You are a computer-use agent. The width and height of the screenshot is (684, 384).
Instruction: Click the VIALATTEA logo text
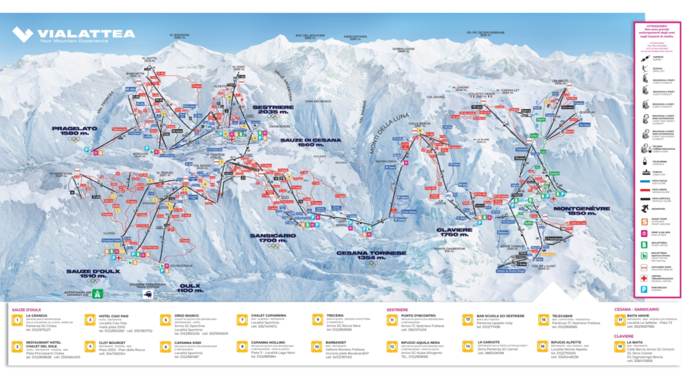pos(86,33)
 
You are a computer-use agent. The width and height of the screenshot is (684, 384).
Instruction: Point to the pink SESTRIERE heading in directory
pos(398,310)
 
